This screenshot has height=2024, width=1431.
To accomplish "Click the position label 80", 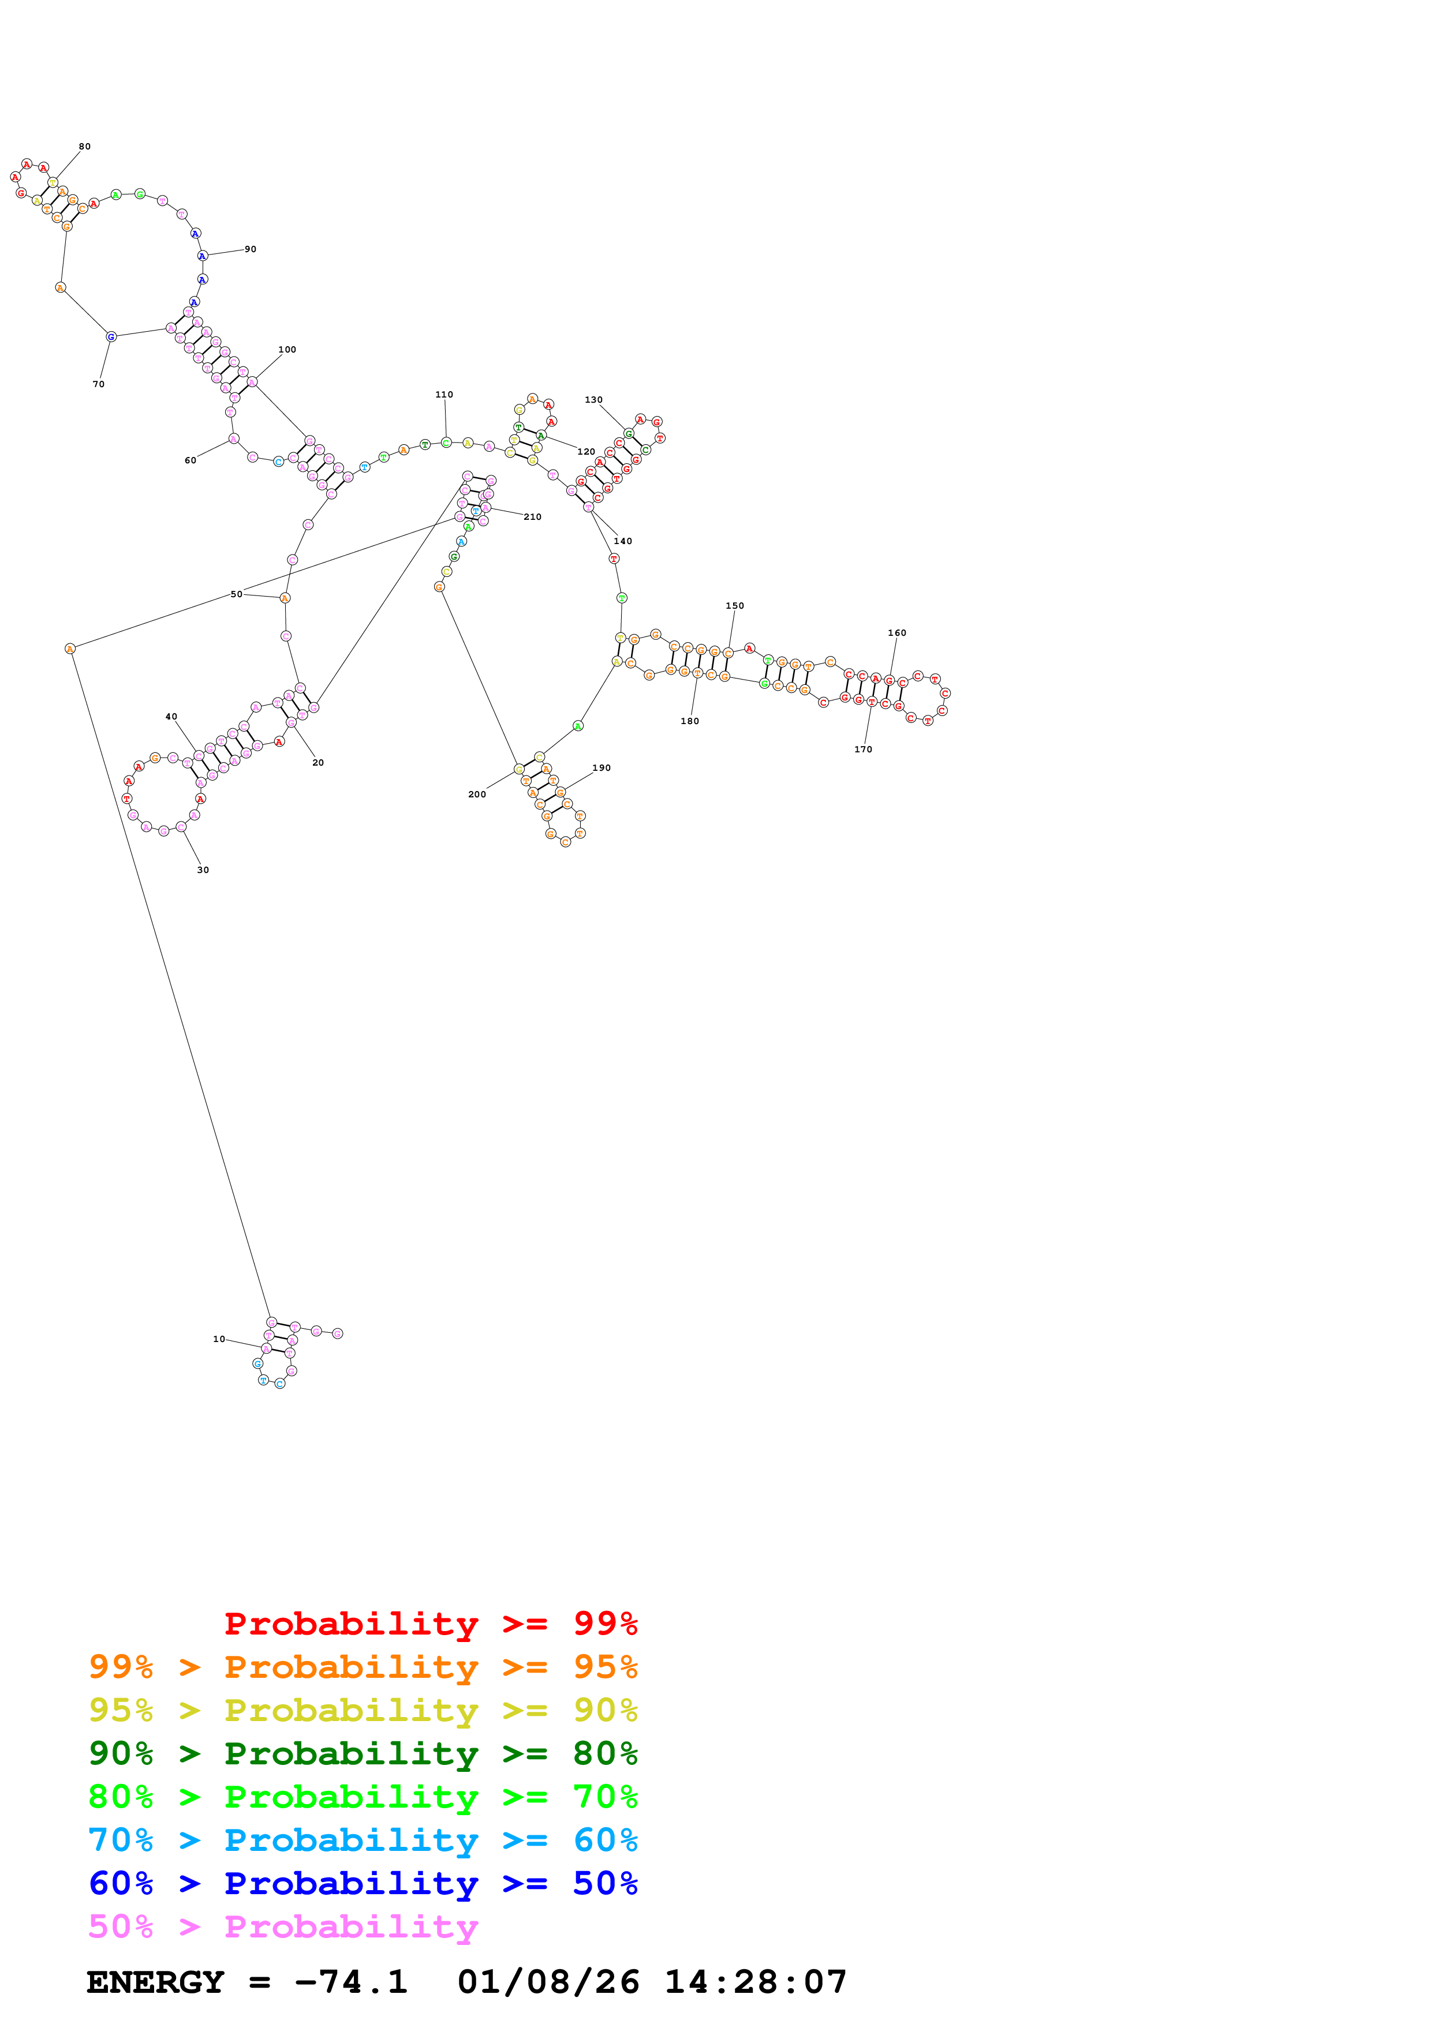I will [x=85, y=147].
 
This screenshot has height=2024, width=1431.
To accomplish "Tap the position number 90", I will [x=251, y=249].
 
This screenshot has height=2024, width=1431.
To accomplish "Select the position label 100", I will [x=287, y=350].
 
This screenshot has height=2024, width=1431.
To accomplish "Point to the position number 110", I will [x=444, y=395].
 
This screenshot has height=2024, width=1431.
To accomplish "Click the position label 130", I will [x=593, y=400].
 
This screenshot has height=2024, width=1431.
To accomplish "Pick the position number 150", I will [x=734, y=606].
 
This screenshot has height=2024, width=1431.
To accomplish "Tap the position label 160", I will [x=896, y=633].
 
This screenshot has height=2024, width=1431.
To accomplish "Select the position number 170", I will [x=863, y=749].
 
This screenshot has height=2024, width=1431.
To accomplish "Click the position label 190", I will [x=601, y=768].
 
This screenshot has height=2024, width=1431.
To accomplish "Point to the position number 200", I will [x=477, y=794].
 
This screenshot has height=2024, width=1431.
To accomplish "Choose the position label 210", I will [x=533, y=516].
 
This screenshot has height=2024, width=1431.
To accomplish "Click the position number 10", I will [x=219, y=1339].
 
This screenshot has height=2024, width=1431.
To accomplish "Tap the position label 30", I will [x=203, y=870].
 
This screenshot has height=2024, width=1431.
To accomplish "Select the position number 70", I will [x=99, y=384].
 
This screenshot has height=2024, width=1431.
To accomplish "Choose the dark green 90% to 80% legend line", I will [x=363, y=1753].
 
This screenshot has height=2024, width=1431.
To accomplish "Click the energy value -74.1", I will [x=351, y=1982].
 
